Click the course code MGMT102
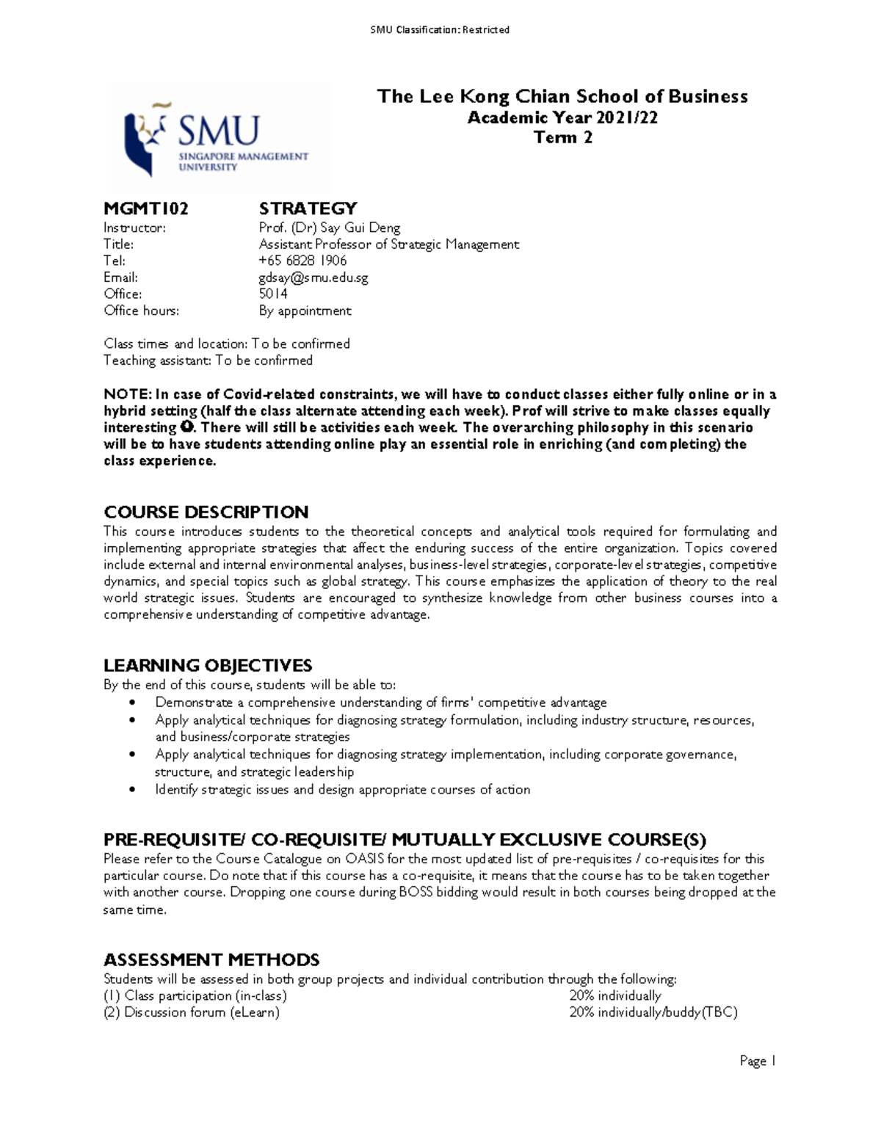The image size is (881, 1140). click(x=146, y=208)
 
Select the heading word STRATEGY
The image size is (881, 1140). click(x=308, y=208)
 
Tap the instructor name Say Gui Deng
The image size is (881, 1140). click(x=360, y=228)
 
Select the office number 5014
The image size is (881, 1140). click(x=273, y=294)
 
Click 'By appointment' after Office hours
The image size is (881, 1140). click(x=305, y=311)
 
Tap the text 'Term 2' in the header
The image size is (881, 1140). click(x=562, y=137)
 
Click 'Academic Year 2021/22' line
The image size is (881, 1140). click(x=562, y=117)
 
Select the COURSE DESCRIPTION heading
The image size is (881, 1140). click(x=206, y=512)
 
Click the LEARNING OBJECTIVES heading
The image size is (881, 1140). click(x=208, y=665)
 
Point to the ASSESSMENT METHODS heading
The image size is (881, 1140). click(x=211, y=959)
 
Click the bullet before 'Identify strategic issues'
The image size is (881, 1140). click(x=132, y=790)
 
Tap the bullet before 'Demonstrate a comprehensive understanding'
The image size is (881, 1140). click(x=132, y=702)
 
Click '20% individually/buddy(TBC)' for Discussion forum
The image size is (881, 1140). click(x=653, y=1012)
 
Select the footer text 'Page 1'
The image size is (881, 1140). click(x=758, y=1061)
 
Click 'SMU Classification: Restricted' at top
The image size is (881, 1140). click(x=440, y=30)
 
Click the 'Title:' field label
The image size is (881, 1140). click(x=118, y=244)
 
